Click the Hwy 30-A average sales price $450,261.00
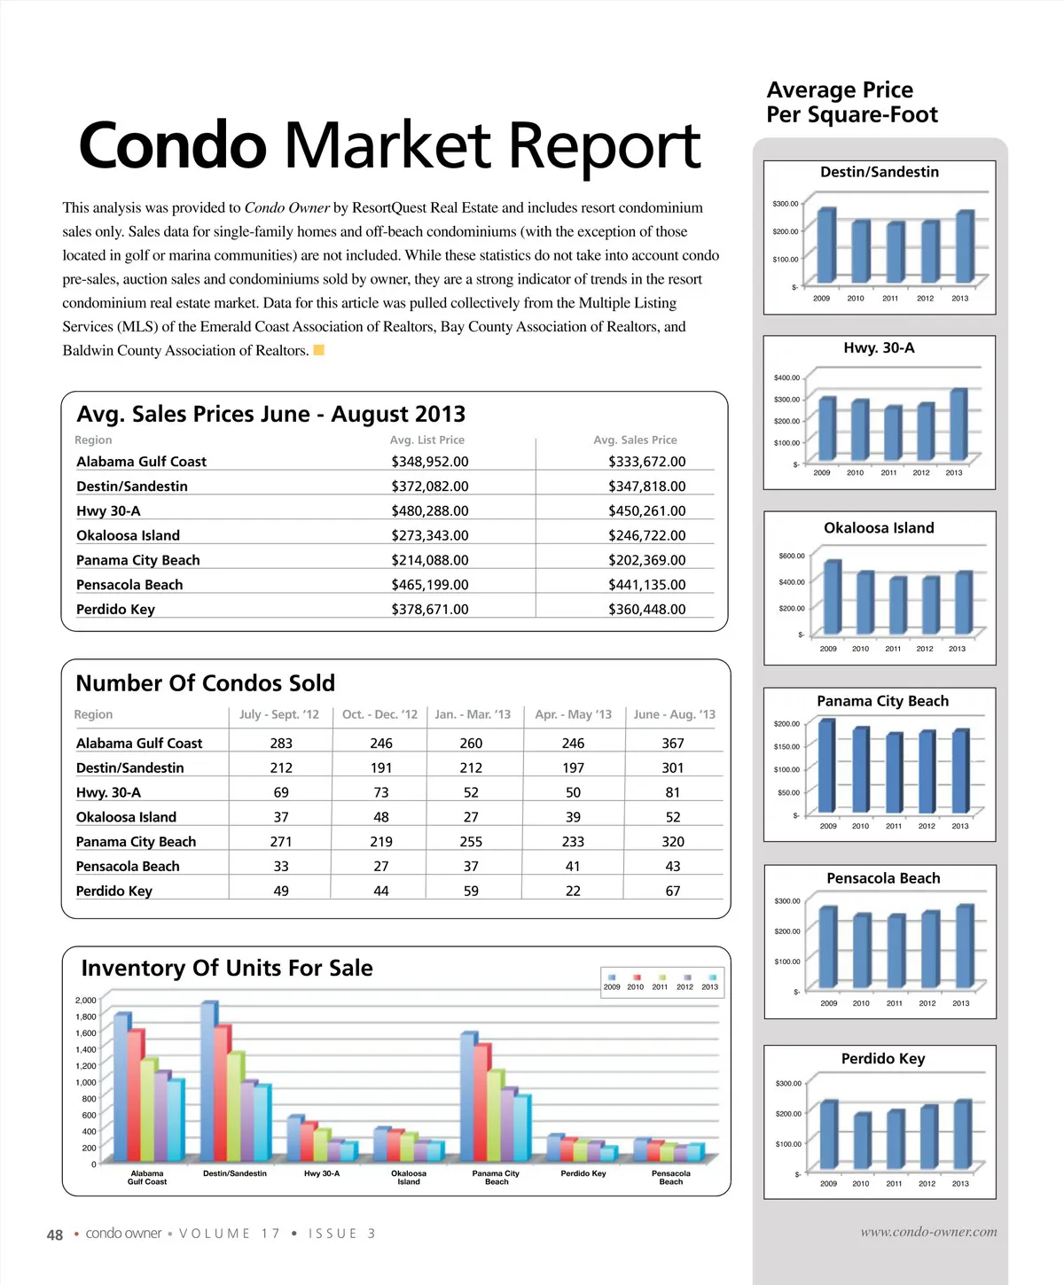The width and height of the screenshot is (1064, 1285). pyautogui.click(x=646, y=511)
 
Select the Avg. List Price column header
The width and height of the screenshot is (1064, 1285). pyautogui.click(x=427, y=440)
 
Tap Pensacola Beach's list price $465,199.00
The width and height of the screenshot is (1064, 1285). pyautogui.click(x=430, y=585)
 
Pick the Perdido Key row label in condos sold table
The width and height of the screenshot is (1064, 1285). pyautogui.click(x=114, y=892)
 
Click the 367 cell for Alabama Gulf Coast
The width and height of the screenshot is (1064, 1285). pyautogui.click(x=673, y=744)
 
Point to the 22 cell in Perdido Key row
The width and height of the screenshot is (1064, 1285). pyautogui.click(x=573, y=892)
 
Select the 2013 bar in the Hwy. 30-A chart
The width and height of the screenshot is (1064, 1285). pyautogui.click(x=958, y=425)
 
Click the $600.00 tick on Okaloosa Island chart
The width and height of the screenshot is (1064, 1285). pyautogui.click(x=792, y=557)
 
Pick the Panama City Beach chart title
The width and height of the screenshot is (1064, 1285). pyautogui.click(x=882, y=701)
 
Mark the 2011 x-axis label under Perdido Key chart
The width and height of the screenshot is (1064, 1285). pyautogui.click(x=894, y=1184)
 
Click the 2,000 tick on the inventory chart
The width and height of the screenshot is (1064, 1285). pyautogui.click(x=86, y=1001)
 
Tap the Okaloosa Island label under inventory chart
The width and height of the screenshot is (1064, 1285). pyautogui.click(x=409, y=1178)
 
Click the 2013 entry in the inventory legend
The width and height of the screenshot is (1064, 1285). pyautogui.click(x=710, y=983)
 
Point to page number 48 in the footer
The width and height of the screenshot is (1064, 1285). pyautogui.click(x=55, y=1234)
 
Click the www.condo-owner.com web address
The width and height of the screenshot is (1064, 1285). pyautogui.click(x=928, y=1232)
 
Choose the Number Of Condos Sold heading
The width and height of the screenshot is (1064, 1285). pyautogui.click(x=206, y=683)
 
